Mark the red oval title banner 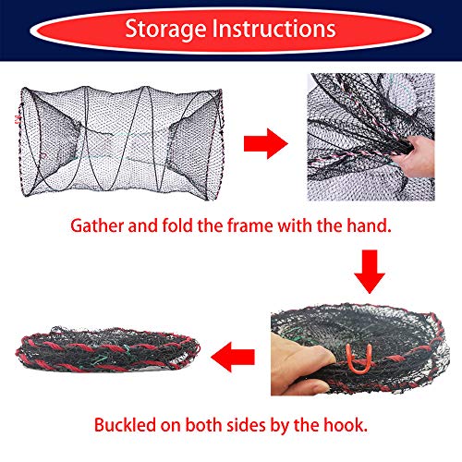point(231,30)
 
